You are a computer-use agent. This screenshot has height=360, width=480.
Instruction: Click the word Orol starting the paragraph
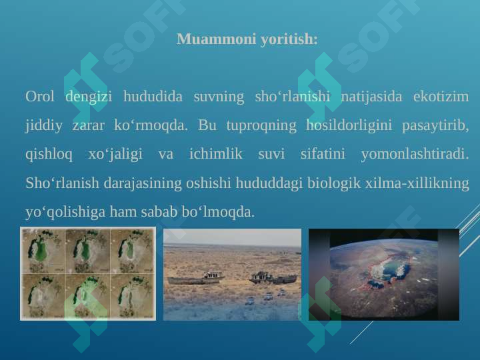pyautogui.click(x=39, y=97)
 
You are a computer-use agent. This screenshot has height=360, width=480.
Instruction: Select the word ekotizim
pyautogui.click(x=441, y=97)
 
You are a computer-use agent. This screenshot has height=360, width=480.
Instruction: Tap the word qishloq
pyautogui.click(x=49, y=154)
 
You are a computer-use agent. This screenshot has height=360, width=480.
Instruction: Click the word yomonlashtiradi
pyautogui.click(x=415, y=154)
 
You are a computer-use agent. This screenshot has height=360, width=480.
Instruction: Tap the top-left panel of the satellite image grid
pyautogui.click(x=43, y=251)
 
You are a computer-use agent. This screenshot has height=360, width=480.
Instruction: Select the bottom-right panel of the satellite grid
pyautogui.click(x=132, y=296)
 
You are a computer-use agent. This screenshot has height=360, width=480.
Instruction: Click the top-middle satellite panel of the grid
pyautogui.click(x=87, y=251)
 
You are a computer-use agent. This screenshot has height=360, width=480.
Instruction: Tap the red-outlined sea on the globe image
pyautogui.click(x=383, y=273)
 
